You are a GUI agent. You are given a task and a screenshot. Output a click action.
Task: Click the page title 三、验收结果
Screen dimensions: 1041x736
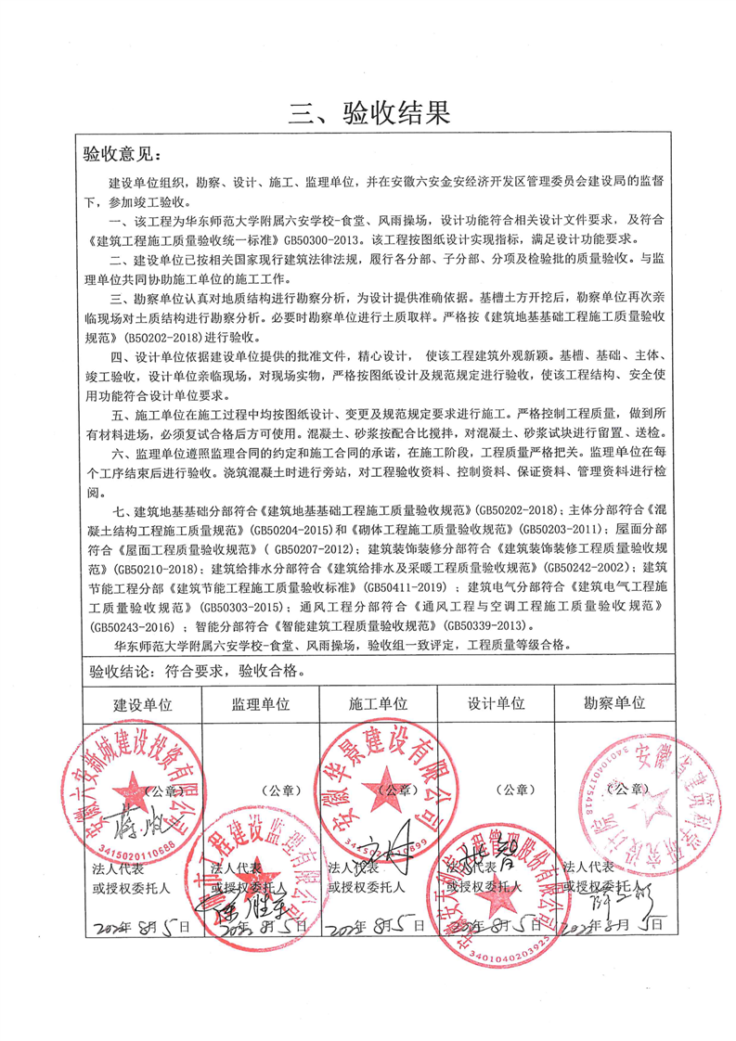coord(368,113)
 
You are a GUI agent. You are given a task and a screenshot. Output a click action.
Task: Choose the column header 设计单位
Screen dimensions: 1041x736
coord(496,703)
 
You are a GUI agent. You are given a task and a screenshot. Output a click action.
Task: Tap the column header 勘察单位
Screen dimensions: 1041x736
coord(613,702)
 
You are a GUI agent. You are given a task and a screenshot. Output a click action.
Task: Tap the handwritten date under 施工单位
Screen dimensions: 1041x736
coord(379,925)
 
